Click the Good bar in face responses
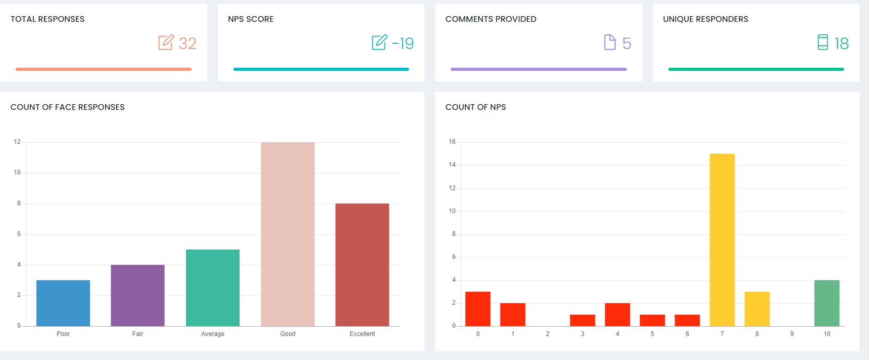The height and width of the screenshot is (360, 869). (288, 234)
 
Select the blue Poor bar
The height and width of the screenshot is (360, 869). (63, 303)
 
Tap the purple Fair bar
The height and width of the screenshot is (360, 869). (138, 295)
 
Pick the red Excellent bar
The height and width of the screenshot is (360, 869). (362, 265)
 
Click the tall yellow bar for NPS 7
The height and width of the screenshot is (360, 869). (722, 240)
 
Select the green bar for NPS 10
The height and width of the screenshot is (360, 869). (827, 303)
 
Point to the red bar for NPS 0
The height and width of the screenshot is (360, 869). (478, 309)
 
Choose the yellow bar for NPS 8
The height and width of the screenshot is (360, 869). (757, 309)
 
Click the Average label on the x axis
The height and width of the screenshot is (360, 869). (213, 334)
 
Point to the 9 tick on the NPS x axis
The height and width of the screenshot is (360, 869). (792, 334)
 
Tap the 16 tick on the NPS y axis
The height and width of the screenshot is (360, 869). (452, 142)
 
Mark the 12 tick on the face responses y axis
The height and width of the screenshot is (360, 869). (17, 142)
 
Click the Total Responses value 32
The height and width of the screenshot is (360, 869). (188, 43)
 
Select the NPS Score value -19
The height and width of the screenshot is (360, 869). (403, 43)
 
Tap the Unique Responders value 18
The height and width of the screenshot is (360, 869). (841, 43)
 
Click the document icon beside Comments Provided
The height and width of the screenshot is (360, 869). (610, 42)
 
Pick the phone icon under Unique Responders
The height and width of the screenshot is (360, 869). (823, 42)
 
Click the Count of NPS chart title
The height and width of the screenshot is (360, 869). (476, 107)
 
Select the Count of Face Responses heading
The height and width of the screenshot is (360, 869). (68, 107)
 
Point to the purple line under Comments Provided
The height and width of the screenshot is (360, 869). (538, 69)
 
